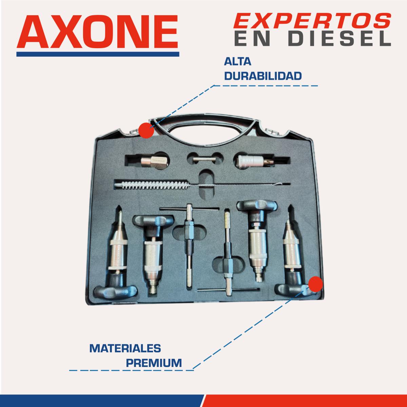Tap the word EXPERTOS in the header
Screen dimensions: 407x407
point(312,21)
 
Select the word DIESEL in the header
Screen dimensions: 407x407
point(340,39)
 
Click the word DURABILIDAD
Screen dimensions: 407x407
point(263,76)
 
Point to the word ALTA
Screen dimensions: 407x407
point(237,62)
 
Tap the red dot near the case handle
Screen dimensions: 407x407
point(146,131)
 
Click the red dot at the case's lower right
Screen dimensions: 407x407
point(315,284)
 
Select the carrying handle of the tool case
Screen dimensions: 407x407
point(205,121)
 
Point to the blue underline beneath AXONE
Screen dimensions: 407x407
point(98,54)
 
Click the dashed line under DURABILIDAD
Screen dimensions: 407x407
point(266,86)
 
